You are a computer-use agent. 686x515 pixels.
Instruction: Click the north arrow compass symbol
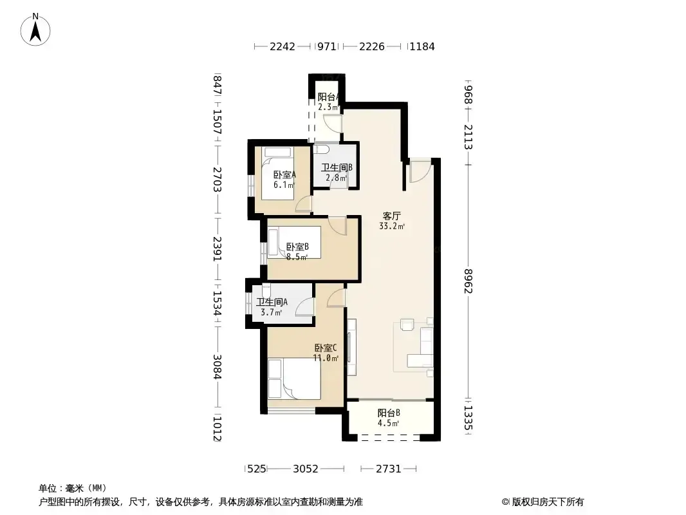tap(35, 30)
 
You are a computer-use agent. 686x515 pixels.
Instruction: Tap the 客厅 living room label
tap(391, 216)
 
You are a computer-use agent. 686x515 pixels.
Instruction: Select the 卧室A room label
tap(284, 174)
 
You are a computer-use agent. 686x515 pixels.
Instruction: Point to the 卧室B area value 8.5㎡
tap(297, 257)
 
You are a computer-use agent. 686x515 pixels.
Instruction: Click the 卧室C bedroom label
tap(326, 348)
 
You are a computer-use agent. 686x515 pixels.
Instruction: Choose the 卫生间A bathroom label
tap(272, 302)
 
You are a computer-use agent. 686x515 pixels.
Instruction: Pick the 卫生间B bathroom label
tap(337, 167)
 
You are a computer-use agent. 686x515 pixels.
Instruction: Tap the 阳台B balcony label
tap(389, 413)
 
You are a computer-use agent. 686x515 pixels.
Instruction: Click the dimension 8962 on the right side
tap(468, 281)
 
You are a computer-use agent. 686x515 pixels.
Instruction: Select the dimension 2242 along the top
tap(283, 46)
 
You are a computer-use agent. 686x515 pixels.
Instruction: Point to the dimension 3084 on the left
tap(217, 367)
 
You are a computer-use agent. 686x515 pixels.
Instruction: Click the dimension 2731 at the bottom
tap(389, 469)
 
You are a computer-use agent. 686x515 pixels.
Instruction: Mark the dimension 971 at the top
tap(327, 46)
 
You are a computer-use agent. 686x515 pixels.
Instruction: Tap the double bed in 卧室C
tap(294, 379)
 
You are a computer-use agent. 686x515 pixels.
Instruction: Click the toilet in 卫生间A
tap(266, 290)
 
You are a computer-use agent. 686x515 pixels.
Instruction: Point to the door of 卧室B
tap(337, 226)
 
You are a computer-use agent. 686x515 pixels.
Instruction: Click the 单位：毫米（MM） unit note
tap(73, 488)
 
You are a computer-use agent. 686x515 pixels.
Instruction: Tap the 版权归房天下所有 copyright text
tap(543, 502)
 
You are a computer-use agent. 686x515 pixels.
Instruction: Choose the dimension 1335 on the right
tap(468, 418)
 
